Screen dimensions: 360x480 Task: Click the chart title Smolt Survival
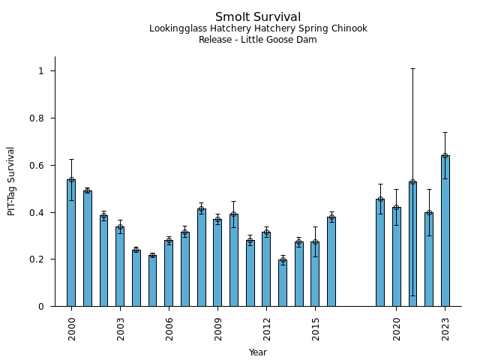[257, 17]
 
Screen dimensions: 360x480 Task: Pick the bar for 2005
[152, 280]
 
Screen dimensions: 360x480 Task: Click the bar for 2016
[331, 262]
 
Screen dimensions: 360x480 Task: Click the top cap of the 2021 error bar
[412, 69]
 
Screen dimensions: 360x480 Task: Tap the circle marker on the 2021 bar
[412, 182]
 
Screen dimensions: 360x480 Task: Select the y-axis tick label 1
[42, 71]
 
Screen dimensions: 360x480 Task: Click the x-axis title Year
[257, 352]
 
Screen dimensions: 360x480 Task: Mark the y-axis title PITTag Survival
[11, 181]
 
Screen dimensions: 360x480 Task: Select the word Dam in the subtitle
[307, 40]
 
